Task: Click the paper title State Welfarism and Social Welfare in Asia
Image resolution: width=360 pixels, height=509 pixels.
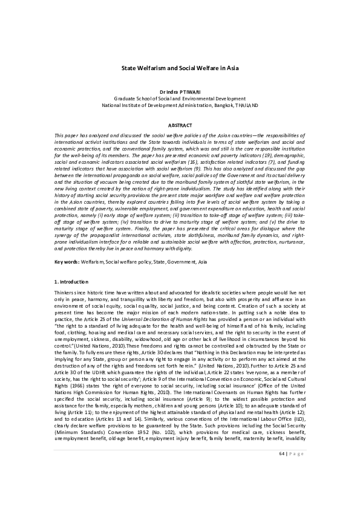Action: (x=180, y=70)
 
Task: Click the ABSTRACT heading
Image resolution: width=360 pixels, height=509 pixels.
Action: (x=180, y=125)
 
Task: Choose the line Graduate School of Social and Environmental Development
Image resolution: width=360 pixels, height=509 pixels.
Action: (x=180, y=98)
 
